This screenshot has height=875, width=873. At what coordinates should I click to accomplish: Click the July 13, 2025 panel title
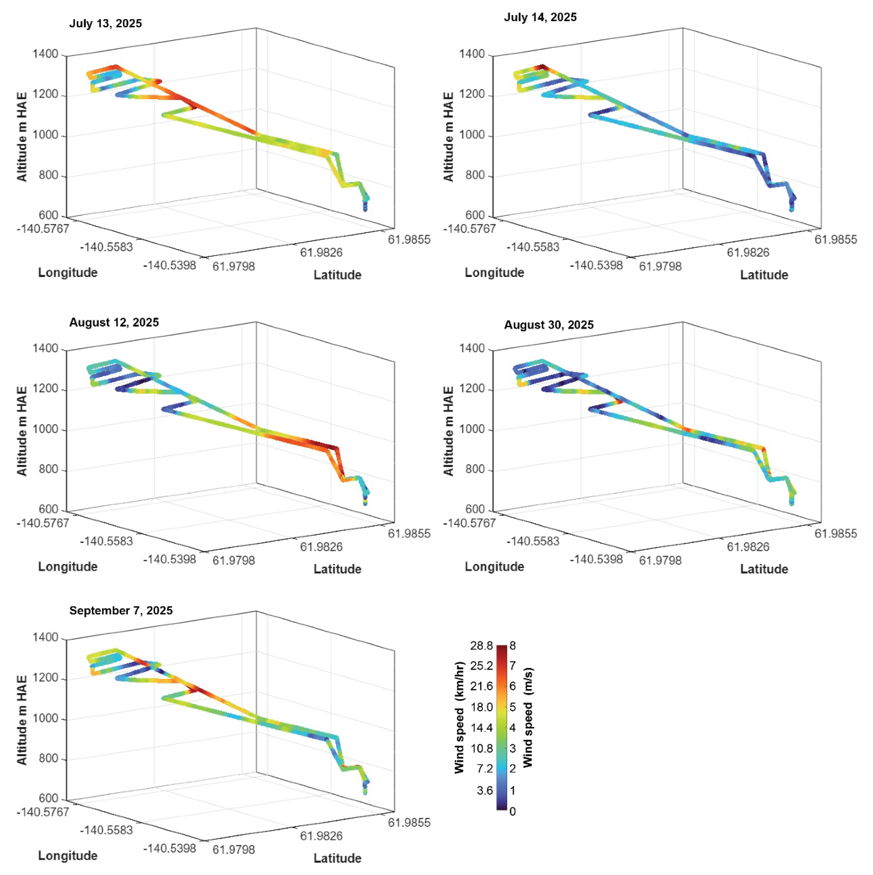[105, 23]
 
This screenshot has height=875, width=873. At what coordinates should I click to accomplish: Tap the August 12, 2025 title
[114, 323]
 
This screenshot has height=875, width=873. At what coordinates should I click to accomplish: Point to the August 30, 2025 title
[549, 325]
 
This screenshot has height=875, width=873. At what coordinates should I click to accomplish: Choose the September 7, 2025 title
[121, 611]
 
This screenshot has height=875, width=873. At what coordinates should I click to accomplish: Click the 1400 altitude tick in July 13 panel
[45, 54]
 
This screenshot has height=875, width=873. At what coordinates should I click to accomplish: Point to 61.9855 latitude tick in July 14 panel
[835, 240]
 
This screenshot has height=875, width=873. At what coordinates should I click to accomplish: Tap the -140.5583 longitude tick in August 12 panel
[106, 541]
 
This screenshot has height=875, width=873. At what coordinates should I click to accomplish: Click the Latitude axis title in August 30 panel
[764, 569]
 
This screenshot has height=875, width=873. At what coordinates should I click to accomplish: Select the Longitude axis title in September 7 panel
[68, 856]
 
